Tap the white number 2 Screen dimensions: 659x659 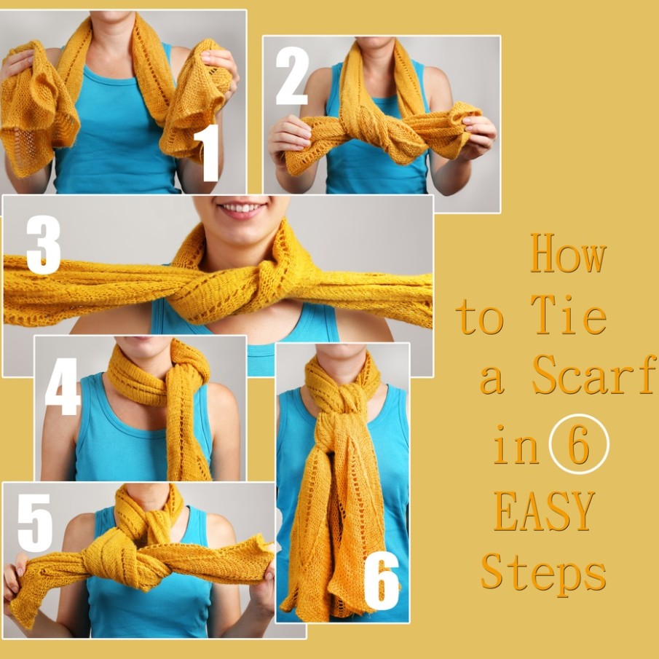pos(292,76)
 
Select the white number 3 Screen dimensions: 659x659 pos(43,245)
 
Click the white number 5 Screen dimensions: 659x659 pos(35,523)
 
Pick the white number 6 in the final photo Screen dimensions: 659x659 pos(381,580)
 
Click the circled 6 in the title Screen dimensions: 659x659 pos(579,443)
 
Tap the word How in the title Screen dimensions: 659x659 pos(568,253)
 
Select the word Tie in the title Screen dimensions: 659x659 pos(568,315)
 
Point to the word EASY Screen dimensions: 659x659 pos(544,510)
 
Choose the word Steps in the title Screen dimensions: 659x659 pos(543,574)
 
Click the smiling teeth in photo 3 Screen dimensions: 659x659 pos(242,208)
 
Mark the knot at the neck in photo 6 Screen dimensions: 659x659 pos(345,398)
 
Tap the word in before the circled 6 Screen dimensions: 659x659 pos(516,445)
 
